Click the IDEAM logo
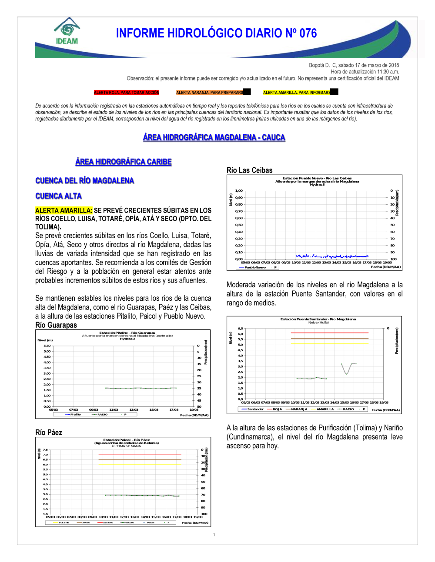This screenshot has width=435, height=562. click(67, 31)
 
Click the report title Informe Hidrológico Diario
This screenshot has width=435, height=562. click(216, 33)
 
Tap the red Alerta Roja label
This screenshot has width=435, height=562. click(127, 93)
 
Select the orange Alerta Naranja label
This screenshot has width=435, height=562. click(210, 93)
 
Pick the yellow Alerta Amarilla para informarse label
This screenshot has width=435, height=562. click(297, 93)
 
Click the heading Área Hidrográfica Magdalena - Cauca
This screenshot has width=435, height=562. click(214, 138)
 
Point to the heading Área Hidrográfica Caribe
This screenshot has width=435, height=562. click(124, 162)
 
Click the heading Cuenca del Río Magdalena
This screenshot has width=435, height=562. click(84, 181)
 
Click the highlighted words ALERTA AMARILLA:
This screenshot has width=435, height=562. click(64, 210)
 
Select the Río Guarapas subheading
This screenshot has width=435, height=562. click(56, 325)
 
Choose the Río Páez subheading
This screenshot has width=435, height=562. click(49, 432)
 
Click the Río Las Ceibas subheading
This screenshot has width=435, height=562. click(249, 170)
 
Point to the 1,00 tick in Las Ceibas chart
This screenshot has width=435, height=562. click(239, 191)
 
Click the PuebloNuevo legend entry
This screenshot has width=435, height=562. click(255, 267)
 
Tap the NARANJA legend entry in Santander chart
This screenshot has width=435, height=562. click(299, 409)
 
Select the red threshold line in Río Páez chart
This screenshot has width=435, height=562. click(139, 455)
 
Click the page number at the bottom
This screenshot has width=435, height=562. click(214, 535)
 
